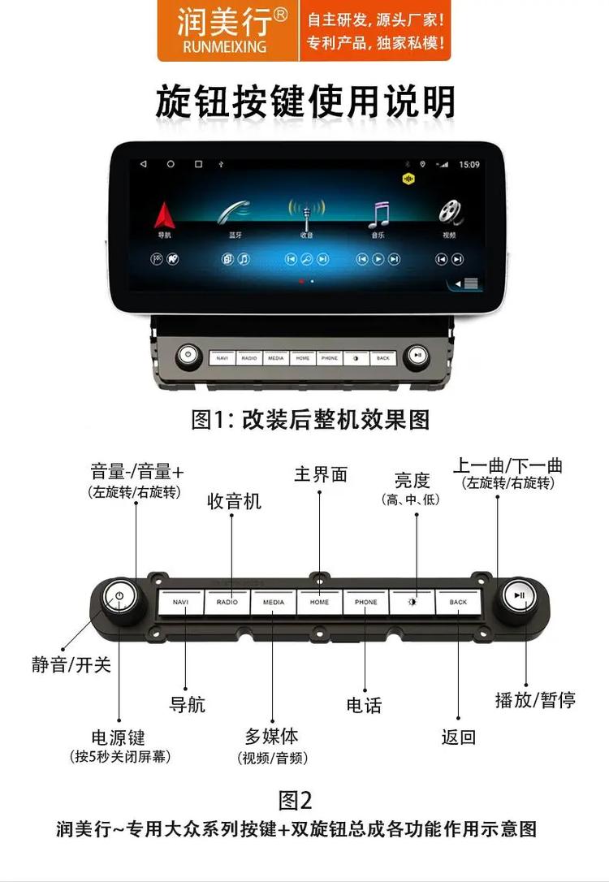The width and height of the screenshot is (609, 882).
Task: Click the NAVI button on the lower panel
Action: [x=181, y=603]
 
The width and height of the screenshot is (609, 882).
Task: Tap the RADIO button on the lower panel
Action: [x=227, y=603]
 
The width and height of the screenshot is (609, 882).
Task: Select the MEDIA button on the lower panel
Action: [x=274, y=603]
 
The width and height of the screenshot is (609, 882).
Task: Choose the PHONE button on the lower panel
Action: [x=366, y=603]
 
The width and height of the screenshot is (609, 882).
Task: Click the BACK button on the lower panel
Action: [x=459, y=603]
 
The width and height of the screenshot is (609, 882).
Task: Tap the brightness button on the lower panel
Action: [x=412, y=603]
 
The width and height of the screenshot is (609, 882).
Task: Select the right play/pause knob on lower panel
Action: [x=520, y=596]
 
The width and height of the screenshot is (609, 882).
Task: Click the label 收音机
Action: [x=235, y=501]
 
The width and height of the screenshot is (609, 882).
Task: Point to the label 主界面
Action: [x=320, y=474]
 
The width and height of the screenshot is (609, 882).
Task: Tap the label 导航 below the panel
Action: [x=187, y=704]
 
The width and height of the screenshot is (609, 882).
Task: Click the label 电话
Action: [x=364, y=705]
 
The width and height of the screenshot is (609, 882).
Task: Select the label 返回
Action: [x=458, y=737]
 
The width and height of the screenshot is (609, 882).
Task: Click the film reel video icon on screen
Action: [x=450, y=213]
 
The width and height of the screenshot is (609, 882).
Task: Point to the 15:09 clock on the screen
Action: [x=469, y=165]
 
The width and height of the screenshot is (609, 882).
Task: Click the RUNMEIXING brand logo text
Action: [x=225, y=47]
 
